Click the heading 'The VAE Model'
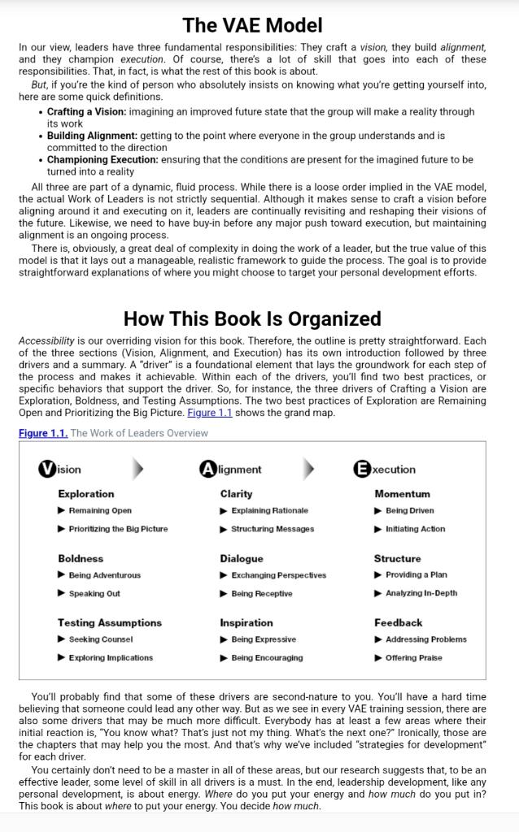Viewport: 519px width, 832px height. coord(252,25)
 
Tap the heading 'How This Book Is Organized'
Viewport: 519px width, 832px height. coord(252,318)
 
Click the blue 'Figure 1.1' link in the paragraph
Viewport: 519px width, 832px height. coord(210,413)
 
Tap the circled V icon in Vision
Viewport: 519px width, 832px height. coord(47,469)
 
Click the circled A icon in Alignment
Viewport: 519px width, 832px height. coord(208,469)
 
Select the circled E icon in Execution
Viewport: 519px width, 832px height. coord(362,469)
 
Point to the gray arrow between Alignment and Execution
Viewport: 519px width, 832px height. coord(308,469)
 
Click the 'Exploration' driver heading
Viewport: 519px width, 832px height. coord(85,494)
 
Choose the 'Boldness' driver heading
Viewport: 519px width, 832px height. coord(81,559)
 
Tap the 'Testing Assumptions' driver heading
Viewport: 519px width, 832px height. coord(109,622)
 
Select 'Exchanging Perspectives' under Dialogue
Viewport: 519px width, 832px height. coord(278,575)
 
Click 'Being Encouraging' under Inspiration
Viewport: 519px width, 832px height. coord(267,658)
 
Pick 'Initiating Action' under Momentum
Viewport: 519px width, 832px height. coord(415,529)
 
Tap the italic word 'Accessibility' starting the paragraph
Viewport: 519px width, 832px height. coord(46,340)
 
